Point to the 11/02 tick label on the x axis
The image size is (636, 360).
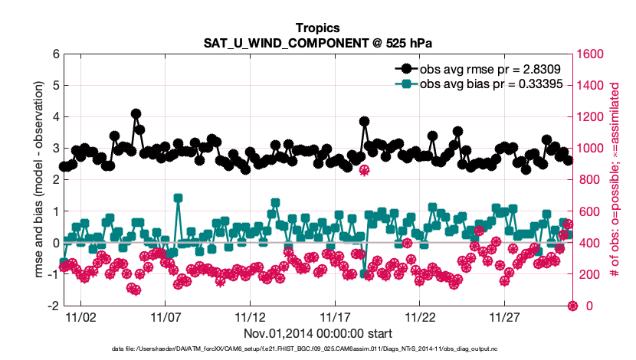pos(80,316)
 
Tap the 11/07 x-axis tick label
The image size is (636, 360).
pos(165,316)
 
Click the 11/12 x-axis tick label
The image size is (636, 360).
pos(250,316)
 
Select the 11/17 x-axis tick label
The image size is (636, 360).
pos(335,316)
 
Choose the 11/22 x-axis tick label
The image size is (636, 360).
pos(420,316)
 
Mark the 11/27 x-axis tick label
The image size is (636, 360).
pos(505,316)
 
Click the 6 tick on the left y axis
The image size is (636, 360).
pos(55,54)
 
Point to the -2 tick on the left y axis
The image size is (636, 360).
pos(53,306)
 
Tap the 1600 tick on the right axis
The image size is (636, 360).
pos(591,54)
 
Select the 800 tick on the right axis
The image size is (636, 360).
pos(588,180)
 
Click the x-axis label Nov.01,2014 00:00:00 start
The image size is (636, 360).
pos(317,333)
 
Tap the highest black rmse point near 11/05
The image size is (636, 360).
pos(136,113)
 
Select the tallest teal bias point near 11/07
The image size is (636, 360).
pos(178,198)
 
